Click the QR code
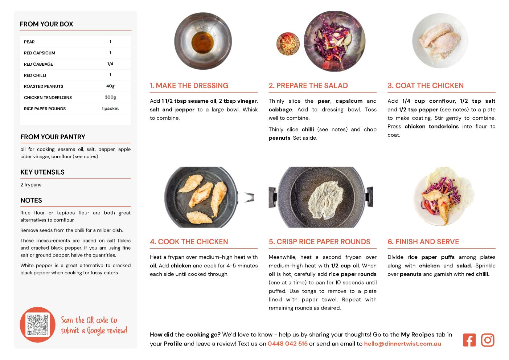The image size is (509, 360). point(38,324)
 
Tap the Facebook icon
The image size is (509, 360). point(469,340)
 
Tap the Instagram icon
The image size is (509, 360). point(488,340)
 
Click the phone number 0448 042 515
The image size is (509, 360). point(287,344)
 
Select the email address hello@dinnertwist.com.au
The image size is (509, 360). point(402,344)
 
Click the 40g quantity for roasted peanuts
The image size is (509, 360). point(110,86)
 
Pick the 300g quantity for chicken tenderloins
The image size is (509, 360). point(110,97)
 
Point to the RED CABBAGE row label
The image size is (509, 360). point(38,64)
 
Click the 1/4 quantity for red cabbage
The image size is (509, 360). point(110,64)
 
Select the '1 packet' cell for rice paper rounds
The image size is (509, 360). point(110,109)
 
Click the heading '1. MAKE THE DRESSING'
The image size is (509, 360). point(189,85)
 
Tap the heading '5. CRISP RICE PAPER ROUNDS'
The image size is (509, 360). point(320,242)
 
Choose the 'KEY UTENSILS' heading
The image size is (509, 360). point(42,172)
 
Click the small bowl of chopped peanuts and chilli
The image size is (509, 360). point(288,44)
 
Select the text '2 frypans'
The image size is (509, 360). point(31,185)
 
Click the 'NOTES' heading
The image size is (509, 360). point(31,200)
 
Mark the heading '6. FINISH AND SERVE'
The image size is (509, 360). point(423,242)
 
